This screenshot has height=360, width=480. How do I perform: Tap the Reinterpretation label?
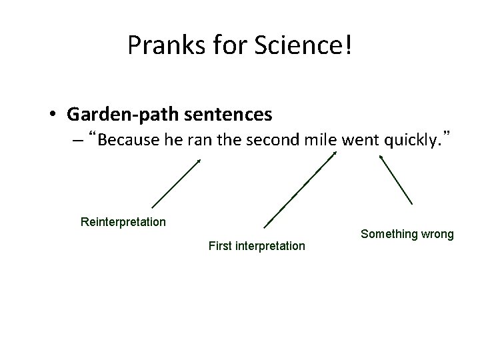point(123,221)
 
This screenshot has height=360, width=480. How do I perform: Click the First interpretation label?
point(257,246)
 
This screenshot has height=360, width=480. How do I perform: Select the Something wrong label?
point(407,234)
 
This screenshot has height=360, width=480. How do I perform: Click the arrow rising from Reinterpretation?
point(176,183)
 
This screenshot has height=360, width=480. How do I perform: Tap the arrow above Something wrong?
point(396,180)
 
